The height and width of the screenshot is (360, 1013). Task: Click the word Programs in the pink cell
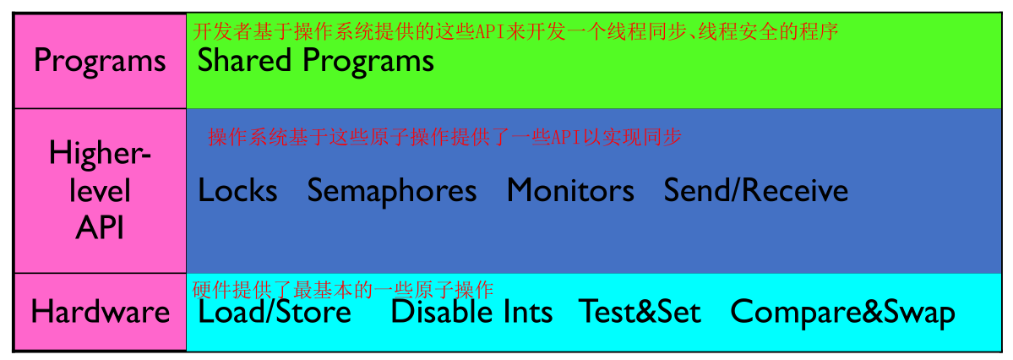100,62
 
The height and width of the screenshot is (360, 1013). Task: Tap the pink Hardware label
101,312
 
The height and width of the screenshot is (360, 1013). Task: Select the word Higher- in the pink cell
101,155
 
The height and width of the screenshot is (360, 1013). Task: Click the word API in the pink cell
100,228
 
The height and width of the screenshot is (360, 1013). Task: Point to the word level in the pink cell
100,191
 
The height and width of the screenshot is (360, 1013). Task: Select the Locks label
237,191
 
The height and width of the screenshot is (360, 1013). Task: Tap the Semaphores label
391,192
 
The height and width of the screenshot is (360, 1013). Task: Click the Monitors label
570,191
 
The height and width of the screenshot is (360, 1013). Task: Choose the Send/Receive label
756,191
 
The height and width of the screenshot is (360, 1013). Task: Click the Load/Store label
275,312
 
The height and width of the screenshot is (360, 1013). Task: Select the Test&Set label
640,312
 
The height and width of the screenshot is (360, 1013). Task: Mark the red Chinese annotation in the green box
515,31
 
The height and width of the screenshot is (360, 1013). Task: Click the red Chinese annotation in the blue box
444,137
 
